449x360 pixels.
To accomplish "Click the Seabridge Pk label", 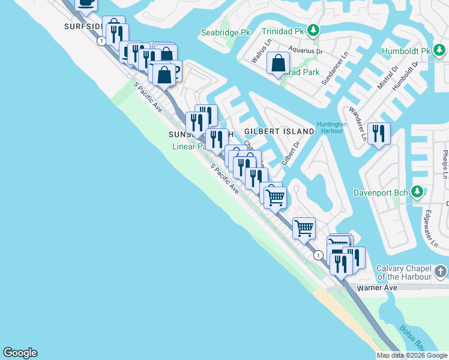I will (x=224, y=32).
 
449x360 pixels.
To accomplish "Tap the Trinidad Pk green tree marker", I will (x=312, y=30).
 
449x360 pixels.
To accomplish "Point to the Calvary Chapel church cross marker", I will (x=441, y=272).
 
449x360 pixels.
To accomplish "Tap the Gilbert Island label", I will (x=279, y=131).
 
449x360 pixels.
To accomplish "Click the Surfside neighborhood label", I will (x=84, y=27).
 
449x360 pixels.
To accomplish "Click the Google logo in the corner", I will (x=20, y=353).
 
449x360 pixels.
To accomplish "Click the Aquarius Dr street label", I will (x=305, y=51).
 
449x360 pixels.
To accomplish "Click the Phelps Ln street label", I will (x=445, y=164).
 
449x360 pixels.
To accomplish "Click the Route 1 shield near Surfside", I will (x=102, y=41).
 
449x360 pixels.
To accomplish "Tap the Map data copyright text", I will (x=412, y=355).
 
